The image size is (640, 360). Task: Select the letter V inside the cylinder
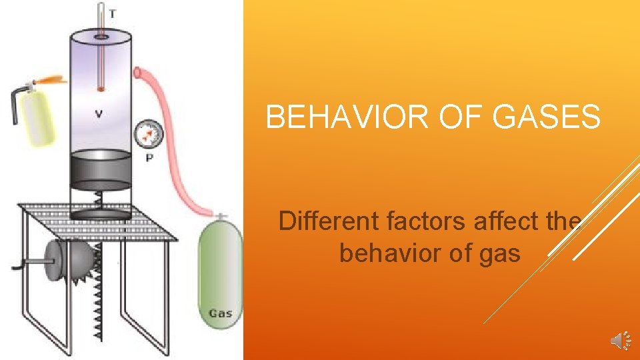pos(98,114)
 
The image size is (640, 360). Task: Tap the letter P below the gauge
pos(148,157)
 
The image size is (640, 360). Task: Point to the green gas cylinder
pos(217,273)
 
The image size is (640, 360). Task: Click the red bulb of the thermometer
pos(101,87)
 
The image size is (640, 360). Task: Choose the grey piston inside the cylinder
pos(101,169)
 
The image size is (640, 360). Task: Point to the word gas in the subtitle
pos(499,253)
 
